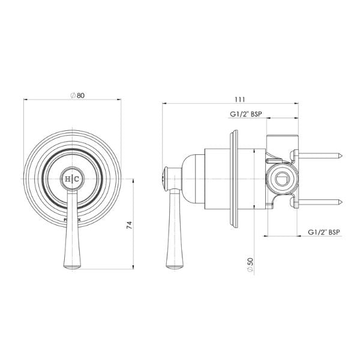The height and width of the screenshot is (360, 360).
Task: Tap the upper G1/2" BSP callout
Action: [x=247, y=113]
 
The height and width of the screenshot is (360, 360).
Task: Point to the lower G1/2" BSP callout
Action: [x=324, y=230]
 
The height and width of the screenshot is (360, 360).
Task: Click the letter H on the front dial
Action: [x=67, y=179]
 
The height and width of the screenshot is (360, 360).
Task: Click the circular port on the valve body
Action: [x=280, y=179]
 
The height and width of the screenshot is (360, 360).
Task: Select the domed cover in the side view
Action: [x=192, y=179]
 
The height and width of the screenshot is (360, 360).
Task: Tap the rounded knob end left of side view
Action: [x=163, y=179]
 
